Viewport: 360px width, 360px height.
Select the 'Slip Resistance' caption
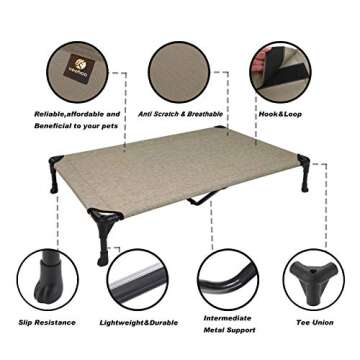coord(45,323)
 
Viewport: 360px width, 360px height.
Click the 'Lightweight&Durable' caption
coord(139,323)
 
